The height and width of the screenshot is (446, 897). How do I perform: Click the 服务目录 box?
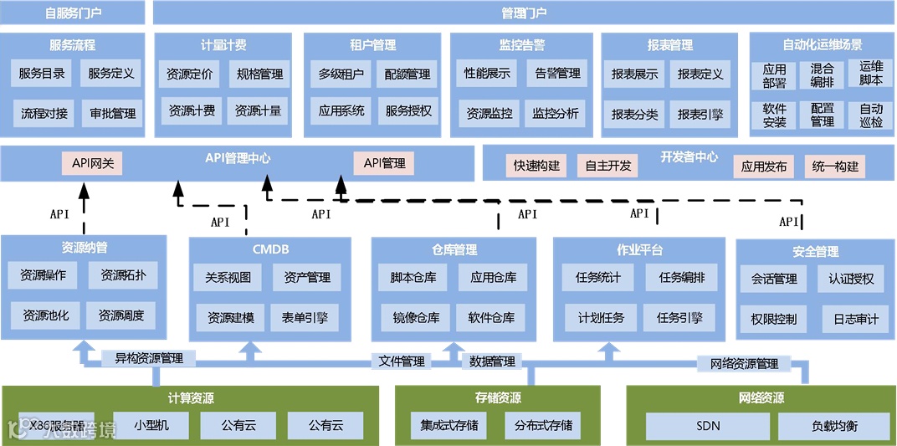[x=42, y=74]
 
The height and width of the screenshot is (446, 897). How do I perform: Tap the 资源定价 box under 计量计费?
[x=190, y=74]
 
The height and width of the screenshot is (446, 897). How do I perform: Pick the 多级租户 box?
[x=341, y=74]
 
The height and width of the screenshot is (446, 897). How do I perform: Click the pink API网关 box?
[x=92, y=163]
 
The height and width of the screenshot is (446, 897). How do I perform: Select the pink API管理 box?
[x=384, y=163]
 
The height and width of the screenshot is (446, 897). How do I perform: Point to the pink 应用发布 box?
[x=764, y=167]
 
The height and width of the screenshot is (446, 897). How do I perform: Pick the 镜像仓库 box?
[x=416, y=317]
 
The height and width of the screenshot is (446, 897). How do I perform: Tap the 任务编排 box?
[x=682, y=277]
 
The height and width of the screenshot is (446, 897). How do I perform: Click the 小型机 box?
[x=151, y=425]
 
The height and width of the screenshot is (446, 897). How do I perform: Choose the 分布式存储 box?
[x=544, y=425]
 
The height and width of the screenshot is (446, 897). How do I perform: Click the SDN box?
[x=708, y=426]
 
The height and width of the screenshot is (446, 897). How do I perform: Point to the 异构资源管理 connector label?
[x=148, y=359]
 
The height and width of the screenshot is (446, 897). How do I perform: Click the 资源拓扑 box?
[x=123, y=275]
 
